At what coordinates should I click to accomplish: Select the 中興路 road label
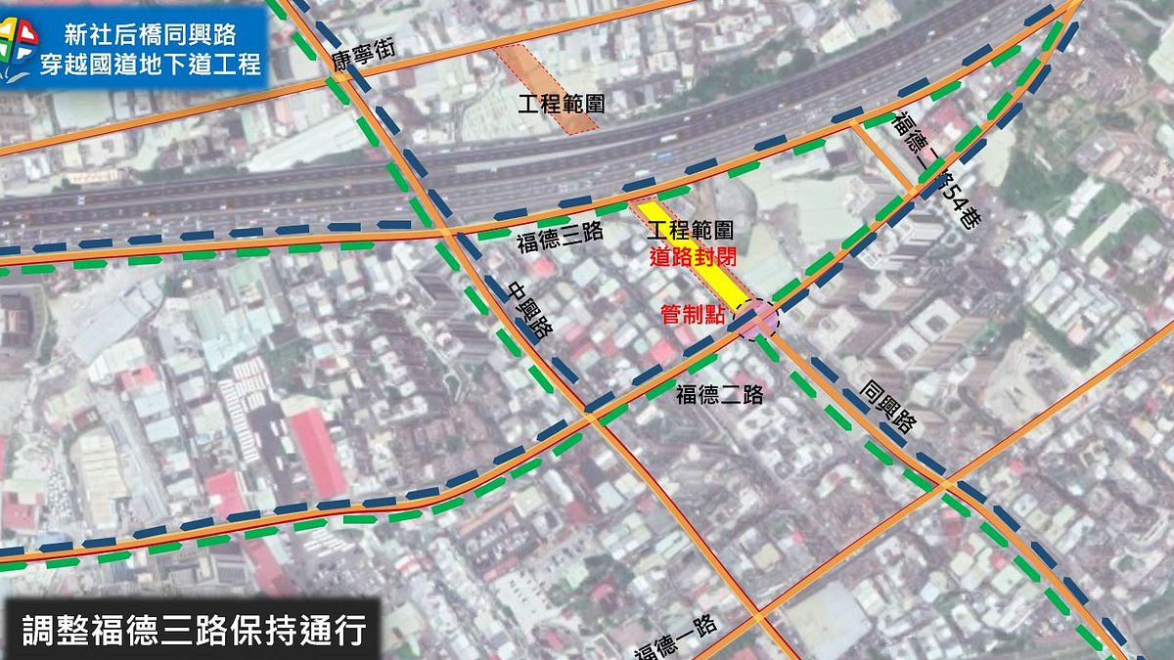pyautogui.click(x=529, y=311)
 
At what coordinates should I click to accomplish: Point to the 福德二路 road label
pyautogui.click(x=719, y=395)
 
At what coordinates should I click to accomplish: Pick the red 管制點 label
pyautogui.click(x=693, y=315)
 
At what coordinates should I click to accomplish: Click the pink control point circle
pyautogui.click(x=757, y=319)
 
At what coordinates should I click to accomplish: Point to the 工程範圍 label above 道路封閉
pyautogui.click(x=691, y=232)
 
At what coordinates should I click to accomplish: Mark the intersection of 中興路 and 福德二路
pyautogui.click(x=591, y=418)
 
